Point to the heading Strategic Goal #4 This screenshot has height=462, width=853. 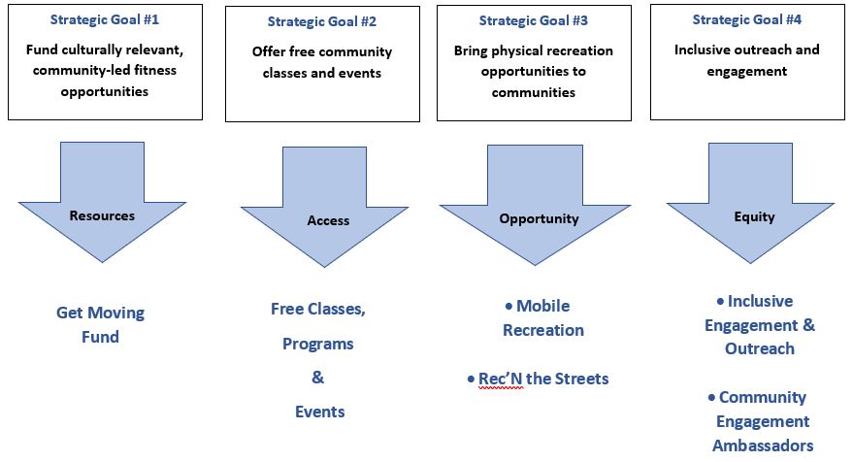point(746,19)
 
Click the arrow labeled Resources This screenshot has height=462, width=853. point(101,215)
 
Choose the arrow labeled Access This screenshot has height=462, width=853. point(328,220)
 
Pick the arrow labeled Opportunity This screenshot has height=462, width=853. point(539,218)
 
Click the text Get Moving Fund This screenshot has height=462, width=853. point(100,325)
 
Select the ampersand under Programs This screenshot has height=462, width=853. point(317,377)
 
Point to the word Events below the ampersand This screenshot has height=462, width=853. point(319,412)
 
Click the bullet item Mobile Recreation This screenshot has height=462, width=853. point(543,318)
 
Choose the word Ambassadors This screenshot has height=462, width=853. point(763,445)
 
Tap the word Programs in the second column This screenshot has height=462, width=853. point(318,344)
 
